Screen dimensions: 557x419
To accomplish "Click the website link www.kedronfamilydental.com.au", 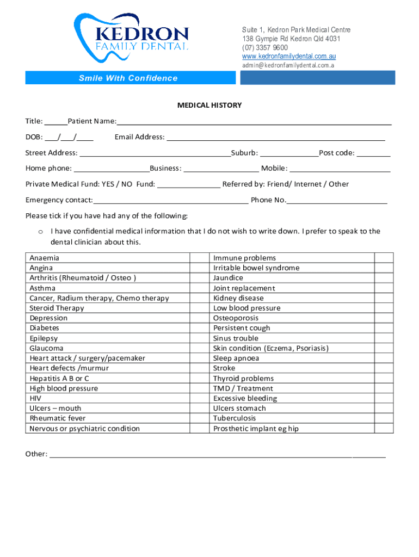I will [288, 57].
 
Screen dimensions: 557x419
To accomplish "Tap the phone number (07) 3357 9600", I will [265, 48].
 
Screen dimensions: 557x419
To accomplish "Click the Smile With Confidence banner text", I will [128, 78].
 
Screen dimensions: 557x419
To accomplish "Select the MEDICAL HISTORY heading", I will [209, 105].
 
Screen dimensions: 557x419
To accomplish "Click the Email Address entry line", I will [275, 137].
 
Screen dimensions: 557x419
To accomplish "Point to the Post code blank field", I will [374, 153].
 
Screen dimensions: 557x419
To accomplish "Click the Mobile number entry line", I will [340, 169].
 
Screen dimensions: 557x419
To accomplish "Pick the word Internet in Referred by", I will [309, 184].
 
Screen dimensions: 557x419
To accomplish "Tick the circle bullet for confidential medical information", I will [40, 232].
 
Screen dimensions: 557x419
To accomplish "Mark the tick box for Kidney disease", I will [384, 298].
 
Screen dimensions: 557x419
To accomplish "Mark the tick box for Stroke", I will [384, 368].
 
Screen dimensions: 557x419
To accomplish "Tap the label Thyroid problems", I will [243, 379].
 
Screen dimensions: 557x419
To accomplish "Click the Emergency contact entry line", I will [170, 200].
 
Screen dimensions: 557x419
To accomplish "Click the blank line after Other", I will [218, 454].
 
